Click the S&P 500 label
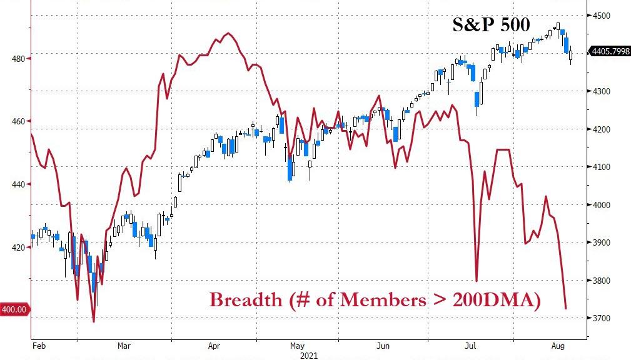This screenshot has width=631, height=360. coord(491,25)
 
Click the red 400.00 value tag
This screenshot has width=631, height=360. coord(14,309)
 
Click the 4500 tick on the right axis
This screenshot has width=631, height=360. coord(607,16)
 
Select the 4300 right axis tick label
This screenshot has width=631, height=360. coord(607,91)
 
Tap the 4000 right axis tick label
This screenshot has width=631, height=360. coord(607,205)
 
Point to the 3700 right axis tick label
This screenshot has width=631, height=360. coord(607,319)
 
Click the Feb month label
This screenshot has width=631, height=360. coord(39,345)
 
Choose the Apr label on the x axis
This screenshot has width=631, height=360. coord(215,345)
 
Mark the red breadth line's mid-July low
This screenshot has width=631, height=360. coord(477,281)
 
